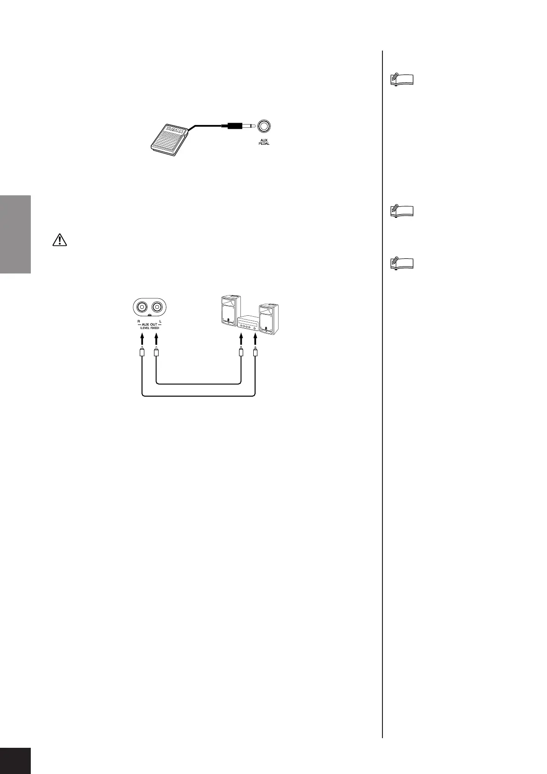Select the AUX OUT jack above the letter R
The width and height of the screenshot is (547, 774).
[x=142, y=306]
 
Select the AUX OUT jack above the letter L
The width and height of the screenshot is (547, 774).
[x=157, y=306]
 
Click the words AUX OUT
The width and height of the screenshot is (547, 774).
[x=149, y=324]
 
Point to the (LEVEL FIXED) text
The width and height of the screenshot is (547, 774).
[x=149, y=329]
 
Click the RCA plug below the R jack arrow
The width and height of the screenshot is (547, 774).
[x=142, y=353]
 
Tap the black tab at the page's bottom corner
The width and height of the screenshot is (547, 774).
[x=15, y=760]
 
